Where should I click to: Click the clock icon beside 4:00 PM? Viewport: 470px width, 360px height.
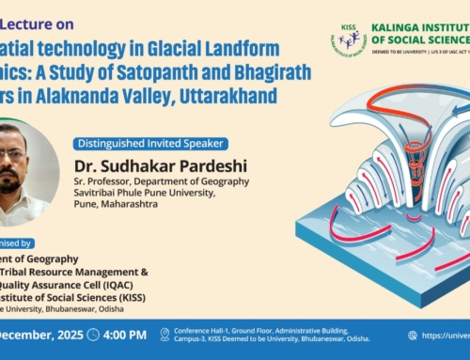(92, 335)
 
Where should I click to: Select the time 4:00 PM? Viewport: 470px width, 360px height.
(124, 335)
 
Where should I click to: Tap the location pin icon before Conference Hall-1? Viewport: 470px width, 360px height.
(164, 335)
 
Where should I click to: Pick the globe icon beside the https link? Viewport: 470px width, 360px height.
(413, 335)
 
